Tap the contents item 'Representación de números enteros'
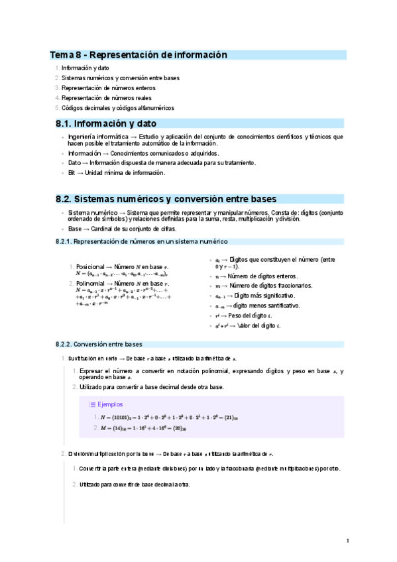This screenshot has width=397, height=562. click(x=109, y=87)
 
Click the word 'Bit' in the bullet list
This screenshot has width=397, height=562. click(x=72, y=172)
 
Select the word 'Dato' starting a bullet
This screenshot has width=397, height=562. click(x=75, y=162)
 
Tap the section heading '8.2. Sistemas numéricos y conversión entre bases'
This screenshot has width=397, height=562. click(x=166, y=199)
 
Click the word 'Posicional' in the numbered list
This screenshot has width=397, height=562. click(x=91, y=265)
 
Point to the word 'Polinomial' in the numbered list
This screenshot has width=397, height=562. click(x=91, y=283)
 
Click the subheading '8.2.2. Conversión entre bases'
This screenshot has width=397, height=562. click(x=99, y=345)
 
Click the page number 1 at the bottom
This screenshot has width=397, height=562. click(x=348, y=541)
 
